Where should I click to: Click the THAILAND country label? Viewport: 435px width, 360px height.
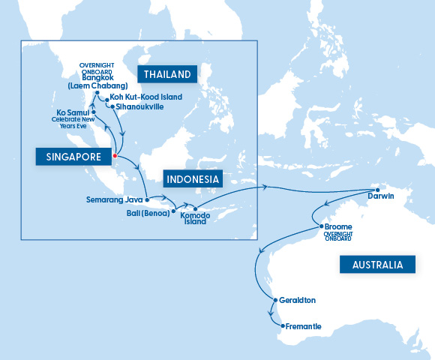pyautogui.click(x=166, y=73)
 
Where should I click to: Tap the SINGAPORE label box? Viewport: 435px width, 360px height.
pyautogui.click(x=73, y=156)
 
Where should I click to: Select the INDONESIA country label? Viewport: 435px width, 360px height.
pyautogui.click(x=192, y=179)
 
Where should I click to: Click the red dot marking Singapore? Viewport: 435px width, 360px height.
pyautogui.click(x=114, y=156)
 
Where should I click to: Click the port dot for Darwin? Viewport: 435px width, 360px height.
pyautogui.click(x=377, y=187)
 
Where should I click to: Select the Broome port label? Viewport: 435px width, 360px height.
pyautogui.click(x=339, y=226)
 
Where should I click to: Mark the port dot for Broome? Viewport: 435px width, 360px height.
pyautogui.click(x=321, y=226)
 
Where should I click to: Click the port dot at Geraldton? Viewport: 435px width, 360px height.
pyautogui.click(x=274, y=301)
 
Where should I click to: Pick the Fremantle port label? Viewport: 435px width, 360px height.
pyautogui.click(x=303, y=326)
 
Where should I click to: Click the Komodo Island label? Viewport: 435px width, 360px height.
pyautogui.click(x=196, y=218)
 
